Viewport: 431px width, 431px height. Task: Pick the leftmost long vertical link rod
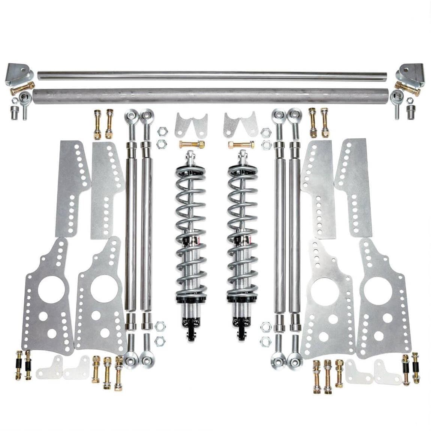coord(131,225)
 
